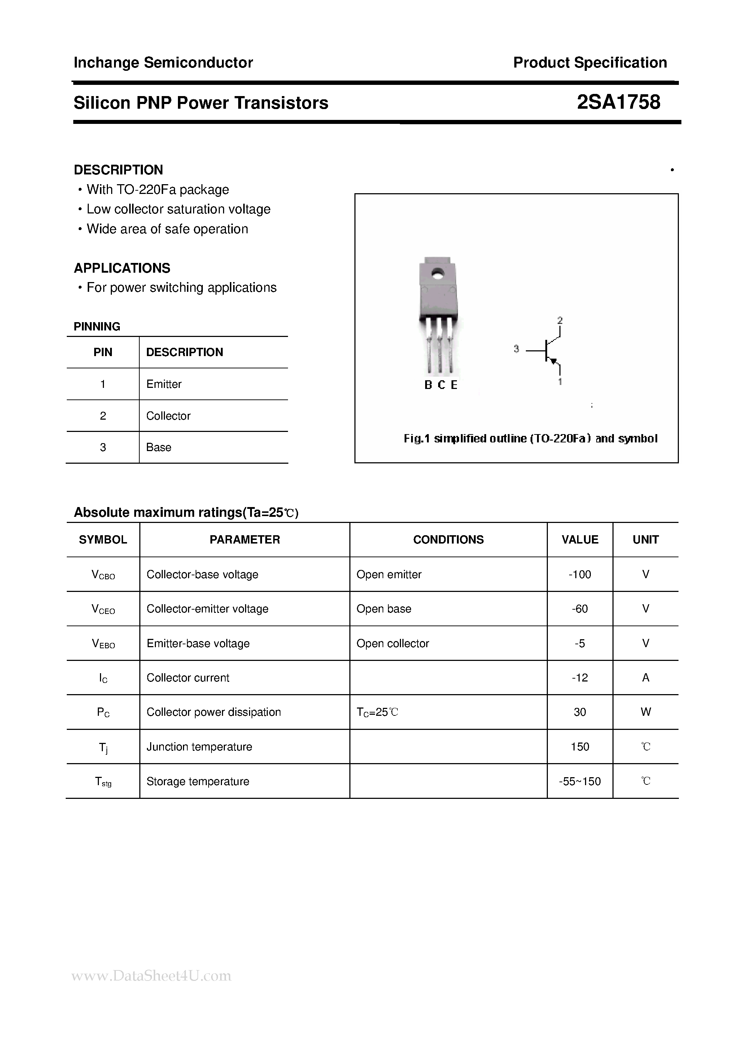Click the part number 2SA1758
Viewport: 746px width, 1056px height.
pyautogui.click(x=618, y=102)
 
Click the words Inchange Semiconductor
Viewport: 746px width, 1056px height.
pyautogui.click(x=163, y=62)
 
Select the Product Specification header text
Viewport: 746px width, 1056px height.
pyautogui.click(x=590, y=62)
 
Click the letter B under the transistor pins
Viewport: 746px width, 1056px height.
pyautogui.click(x=428, y=385)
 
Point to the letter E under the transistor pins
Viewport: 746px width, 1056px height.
pyautogui.click(x=454, y=385)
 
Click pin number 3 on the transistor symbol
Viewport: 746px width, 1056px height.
pyautogui.click(x=516, y=349)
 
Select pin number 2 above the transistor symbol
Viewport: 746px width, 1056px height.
pyautogui.click(x=560, y=320)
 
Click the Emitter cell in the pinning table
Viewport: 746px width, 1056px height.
pyautogui.click(x=163, y=384)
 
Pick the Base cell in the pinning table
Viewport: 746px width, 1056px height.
pyautogui.click(x=158, y=447)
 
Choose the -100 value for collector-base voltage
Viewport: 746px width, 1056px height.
pyautogui.click(x=580, y=575)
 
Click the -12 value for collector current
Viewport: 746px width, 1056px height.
pyautogui.click(x=580, y=678)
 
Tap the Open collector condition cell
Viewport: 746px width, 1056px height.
pyautogui.click(x=393, y=644)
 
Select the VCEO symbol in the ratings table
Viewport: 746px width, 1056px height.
pyautogui.click(x=103, y=609)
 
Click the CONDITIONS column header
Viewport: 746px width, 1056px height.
pyautogui.click(x=448, y=540)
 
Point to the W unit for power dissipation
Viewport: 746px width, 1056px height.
pyautogui.click(x=645, y=712)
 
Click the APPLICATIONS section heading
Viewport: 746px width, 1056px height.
pyautogui.click(x=122, y=268)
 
